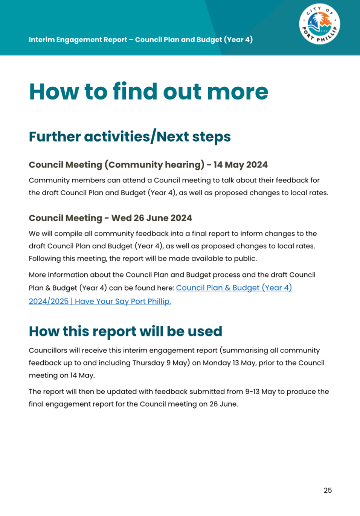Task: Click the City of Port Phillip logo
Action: (320, 24)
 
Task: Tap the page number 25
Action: (328, 490)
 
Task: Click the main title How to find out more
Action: (148, 92)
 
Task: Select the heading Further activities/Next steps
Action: (130, 137)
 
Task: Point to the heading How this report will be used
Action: (125, 331)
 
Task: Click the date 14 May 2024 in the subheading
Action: (241, 165)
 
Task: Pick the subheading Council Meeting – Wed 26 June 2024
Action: (110, 218)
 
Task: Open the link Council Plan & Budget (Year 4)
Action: (234, 288)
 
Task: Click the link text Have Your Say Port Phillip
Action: (123, 301)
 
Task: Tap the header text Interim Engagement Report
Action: (78, 40)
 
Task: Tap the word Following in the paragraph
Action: (44, 259)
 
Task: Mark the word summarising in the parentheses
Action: (246, 350)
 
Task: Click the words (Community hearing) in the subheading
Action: (154, 165)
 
